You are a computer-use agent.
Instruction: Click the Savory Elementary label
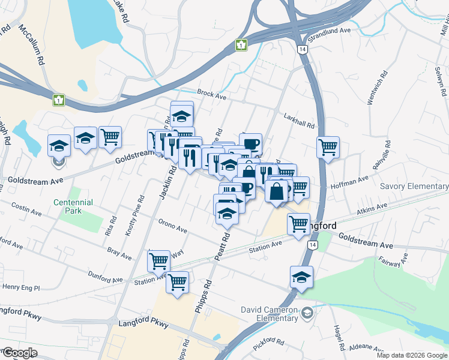414,187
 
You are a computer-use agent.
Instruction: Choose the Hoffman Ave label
355,180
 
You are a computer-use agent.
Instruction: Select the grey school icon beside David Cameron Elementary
307,313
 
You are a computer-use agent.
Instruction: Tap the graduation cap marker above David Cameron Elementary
301,277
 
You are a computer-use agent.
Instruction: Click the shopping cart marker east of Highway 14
328,147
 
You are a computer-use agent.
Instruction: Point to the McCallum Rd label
32,45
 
